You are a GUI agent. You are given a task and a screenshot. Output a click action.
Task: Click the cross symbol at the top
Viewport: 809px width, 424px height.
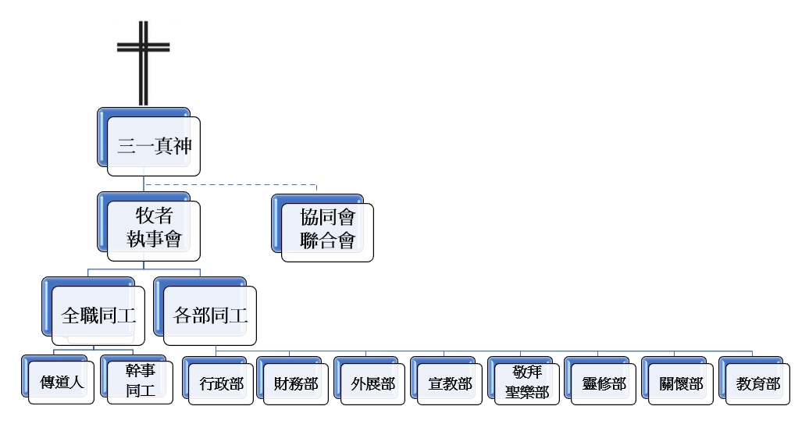point(143,62)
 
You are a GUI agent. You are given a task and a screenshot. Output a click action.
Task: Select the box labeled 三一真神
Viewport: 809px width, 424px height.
point(153,146)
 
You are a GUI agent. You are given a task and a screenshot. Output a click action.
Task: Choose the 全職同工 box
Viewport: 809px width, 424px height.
point(98,315)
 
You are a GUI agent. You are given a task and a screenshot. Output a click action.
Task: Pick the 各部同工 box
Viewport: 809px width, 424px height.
point(210,315)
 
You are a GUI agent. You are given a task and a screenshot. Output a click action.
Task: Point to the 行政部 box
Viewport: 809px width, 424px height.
point(221,383)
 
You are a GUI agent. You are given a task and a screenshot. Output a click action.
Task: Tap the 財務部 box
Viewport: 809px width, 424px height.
point(296,383)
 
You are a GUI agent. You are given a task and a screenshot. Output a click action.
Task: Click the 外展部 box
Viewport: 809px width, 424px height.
point(372,383)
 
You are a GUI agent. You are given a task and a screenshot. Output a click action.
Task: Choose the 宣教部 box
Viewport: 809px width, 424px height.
point(450,383)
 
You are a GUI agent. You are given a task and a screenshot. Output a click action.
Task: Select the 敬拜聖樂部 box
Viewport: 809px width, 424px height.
point(526,383)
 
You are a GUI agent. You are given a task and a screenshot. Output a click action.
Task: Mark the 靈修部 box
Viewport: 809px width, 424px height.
point(604,383)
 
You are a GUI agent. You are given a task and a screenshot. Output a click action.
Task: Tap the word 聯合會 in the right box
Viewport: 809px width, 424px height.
point(327,241)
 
